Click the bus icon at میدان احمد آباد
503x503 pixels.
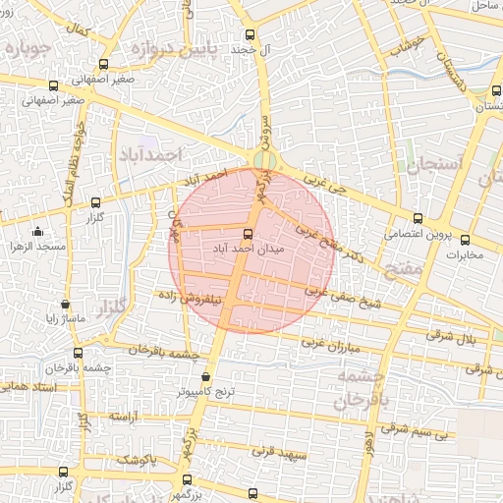[x=247, y=234]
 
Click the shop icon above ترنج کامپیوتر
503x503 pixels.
[x=205, y=376]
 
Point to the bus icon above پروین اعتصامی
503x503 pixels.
[x=419, y=219]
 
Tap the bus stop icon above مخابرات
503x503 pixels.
[x=465, y=240]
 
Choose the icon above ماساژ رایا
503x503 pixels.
[x=65, y=305]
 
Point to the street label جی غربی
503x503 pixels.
[x=351, y=188]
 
